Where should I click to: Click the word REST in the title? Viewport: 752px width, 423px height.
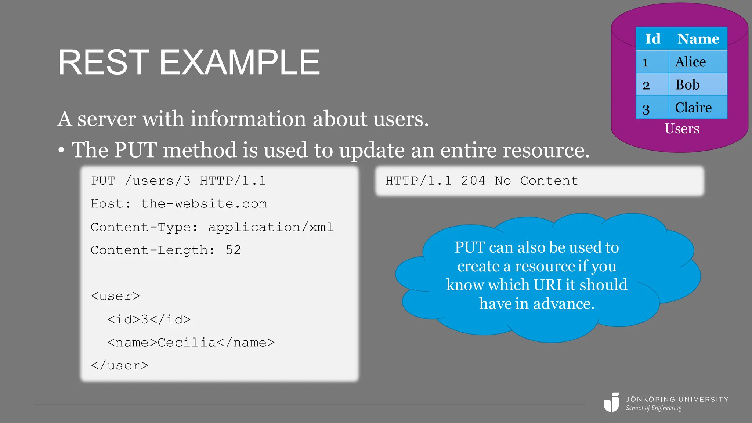(x=103, y=63)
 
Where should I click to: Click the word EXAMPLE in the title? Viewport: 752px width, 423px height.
(x=239, y=63)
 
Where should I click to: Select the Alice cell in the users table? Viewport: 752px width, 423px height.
(x=690, y=62)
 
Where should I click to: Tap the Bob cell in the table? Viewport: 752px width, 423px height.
(x=687, y=85)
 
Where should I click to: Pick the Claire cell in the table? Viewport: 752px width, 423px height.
(x=693, y=108)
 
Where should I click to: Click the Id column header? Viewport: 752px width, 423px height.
(x=652, y=39)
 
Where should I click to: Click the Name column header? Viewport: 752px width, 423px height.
(x=698, y=39)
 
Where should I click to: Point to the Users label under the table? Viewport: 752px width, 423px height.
(x=682, y=129)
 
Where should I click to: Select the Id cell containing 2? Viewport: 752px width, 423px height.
(x=646, y=85)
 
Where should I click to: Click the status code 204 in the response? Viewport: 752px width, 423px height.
(x=473, y=181)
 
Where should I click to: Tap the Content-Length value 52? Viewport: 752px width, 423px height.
(x=233, y=250)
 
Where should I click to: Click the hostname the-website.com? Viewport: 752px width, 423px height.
(x=204, y=204)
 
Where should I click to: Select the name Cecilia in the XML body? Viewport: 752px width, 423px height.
(x=187, y=342)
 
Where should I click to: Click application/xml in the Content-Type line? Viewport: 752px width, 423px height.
(x=271, y=227)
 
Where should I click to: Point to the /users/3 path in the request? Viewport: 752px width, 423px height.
(x=158, y=181)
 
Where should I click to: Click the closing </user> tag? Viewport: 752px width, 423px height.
(x=119, y=365)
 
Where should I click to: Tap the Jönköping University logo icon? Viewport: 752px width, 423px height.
(x=612, y=402)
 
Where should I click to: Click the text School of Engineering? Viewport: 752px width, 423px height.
(x=654, y=408)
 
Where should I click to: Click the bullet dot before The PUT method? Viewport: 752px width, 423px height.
(x=61, y=151)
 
